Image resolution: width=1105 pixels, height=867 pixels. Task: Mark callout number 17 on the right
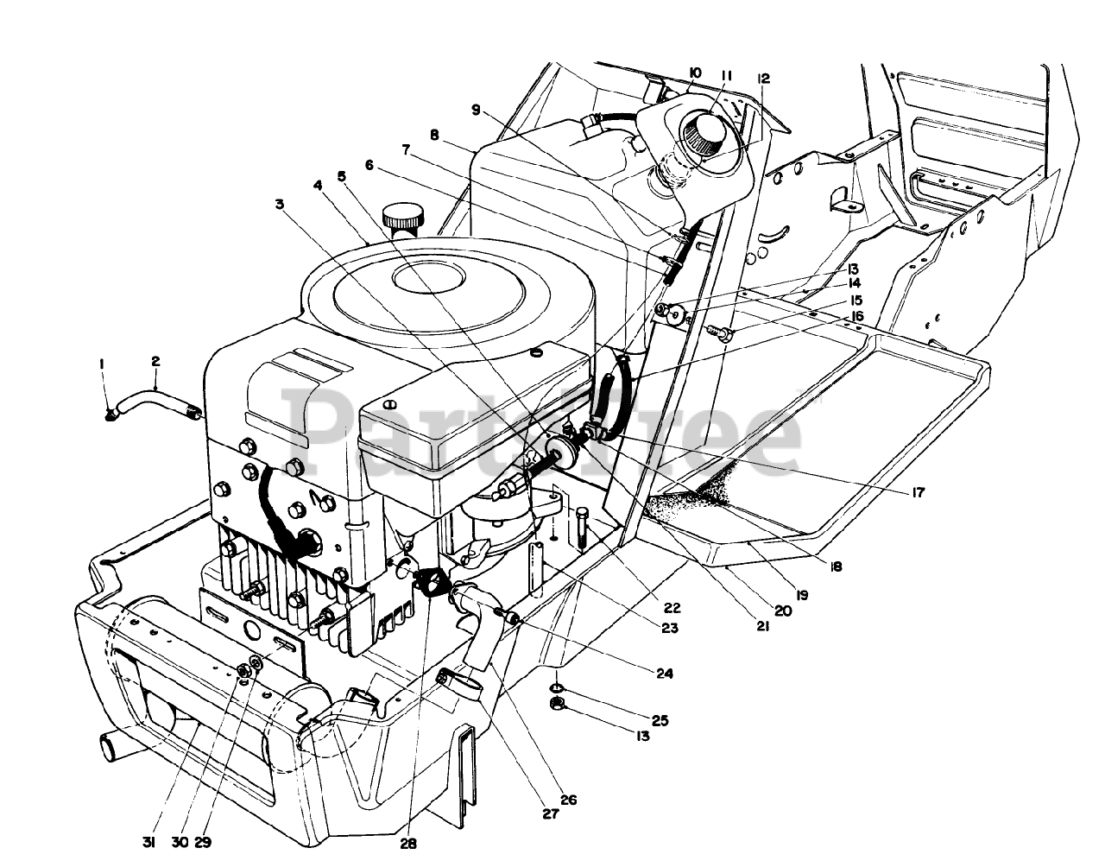[918, 492]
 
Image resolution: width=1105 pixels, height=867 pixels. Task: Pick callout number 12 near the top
[763, 78]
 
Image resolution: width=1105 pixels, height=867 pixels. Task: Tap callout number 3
[279, 204]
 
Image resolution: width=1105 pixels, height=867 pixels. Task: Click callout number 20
[783, 610]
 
